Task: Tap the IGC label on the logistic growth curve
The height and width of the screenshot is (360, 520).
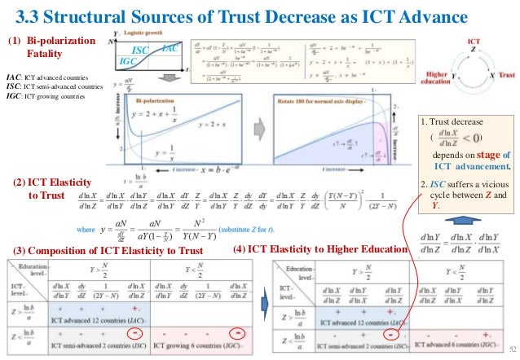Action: pyautogui.click(x=128, y=61)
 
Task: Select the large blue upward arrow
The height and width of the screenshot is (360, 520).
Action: pyautogui.click(x=461, y=220)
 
